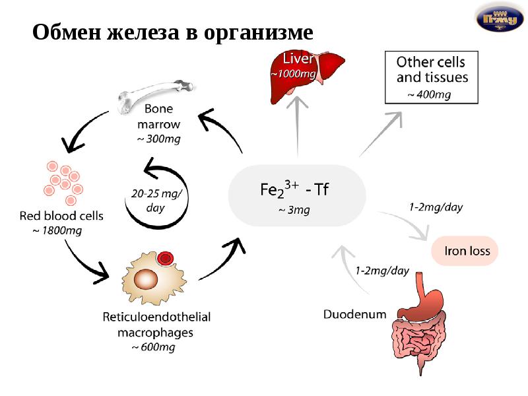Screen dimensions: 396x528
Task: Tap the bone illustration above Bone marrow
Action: pyautogui.click(x=156, y=92)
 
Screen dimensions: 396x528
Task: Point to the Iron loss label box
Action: pyautogui.click(x=465, y=251)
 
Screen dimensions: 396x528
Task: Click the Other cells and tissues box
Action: pyautogui.click(x=432, y=77)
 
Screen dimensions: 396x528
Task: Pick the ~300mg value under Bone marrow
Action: pyautogui.click(x=158, y=139)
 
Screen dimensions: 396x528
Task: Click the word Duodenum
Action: pyautogui.click(x=354, y=314)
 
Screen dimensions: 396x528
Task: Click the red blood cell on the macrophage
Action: pyautogui.click(x=166, y=257)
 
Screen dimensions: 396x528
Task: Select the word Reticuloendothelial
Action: pyautogui.click(x=156, y=317)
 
